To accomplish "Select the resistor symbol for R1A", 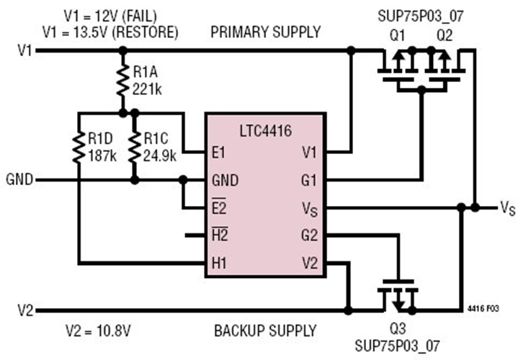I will [122, 81].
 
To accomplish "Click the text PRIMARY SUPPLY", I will [266, 32].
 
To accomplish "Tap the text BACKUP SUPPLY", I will [265, 330].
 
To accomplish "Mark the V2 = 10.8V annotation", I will [99, 330].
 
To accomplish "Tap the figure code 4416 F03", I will [483, 309].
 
